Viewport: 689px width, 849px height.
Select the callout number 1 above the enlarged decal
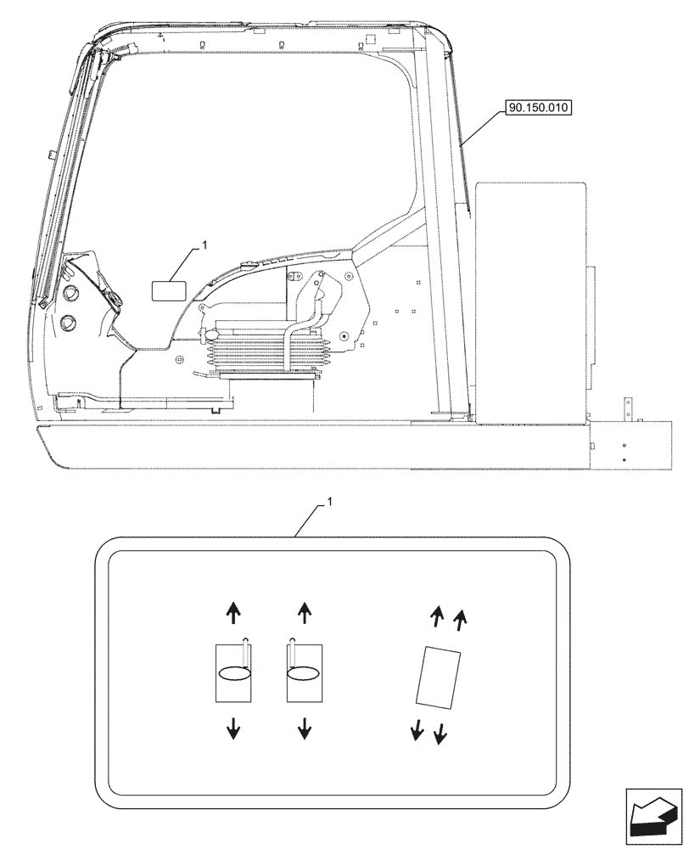pyautogui.click(x=330, y=503)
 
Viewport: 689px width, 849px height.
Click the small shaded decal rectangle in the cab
pyautogui.click(x=167, y=290)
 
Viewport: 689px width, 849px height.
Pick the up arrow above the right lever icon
pyautogui.click(x=305, y=610)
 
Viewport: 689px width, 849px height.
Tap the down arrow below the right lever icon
pyautogui.click(x=305, y=727)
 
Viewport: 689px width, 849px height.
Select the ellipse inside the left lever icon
pyautogui.click(x=235, y=673)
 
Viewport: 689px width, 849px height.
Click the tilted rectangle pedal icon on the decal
pyautogui.click(x=438, y=676)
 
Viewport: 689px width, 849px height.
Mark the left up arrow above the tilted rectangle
pyautogui.click(x=437, y=617)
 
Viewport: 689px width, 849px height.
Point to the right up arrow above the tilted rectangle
pyautogui.click(x=459, y=621)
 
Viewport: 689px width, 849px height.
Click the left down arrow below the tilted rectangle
pyautogui.click(x=417, y=729)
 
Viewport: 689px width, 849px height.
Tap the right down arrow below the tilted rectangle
pyautogui.click(x=439, y=733)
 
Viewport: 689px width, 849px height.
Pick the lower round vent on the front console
pyautogui.click(x=68, y=323)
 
